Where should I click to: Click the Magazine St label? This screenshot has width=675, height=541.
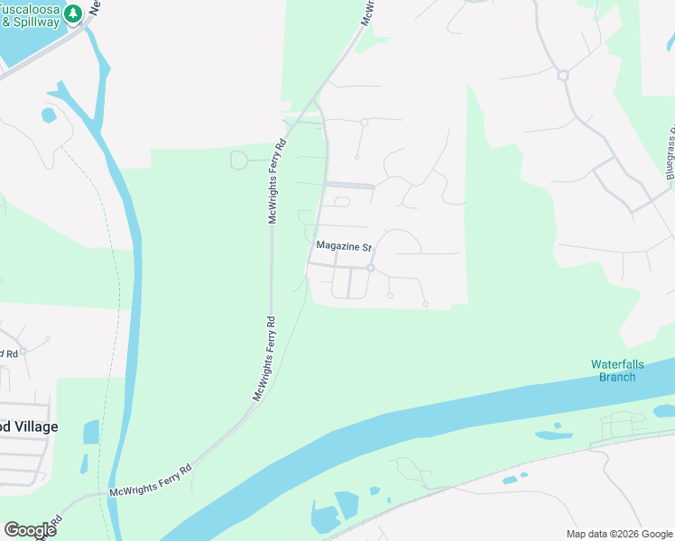[344, 246]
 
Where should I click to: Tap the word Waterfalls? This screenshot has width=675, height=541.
[618, 364]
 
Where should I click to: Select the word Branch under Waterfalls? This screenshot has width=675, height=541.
[617, 377]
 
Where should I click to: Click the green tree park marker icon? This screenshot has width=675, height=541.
[73, 12]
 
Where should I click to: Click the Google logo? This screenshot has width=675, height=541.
[30, 529]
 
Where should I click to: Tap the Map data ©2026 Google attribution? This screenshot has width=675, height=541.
[619, 534]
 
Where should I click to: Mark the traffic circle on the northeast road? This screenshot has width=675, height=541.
[562, 76]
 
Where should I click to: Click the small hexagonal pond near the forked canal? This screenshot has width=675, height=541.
[47, 115]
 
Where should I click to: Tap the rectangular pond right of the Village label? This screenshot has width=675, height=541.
[90, 432]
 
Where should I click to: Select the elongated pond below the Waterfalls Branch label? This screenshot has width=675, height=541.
[552, 436]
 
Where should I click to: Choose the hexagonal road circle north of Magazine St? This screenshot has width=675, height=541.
[365, 122]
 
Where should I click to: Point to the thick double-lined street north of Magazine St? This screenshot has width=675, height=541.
[349, 186]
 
